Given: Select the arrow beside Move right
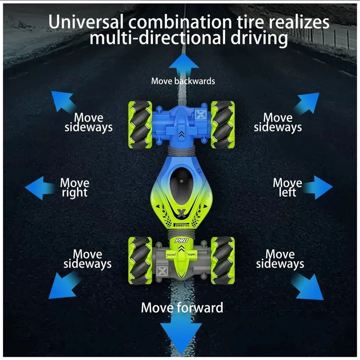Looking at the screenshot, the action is [x=40, y=188].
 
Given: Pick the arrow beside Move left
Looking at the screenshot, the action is [x=318, y=187].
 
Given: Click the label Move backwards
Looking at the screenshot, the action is [x=183, y=81].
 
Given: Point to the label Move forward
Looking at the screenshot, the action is [x=182, y=308].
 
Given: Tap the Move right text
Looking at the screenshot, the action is [x=75, y=188].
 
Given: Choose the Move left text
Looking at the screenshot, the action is [x=288, y=187].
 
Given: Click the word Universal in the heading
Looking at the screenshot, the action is [x=85, y=22].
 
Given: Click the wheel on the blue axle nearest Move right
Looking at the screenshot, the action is [x=140, y=125].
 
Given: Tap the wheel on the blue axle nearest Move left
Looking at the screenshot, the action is [x=223, y=125].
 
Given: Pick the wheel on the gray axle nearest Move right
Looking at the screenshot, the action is [x=140, y=261].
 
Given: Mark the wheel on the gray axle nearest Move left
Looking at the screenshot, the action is [x=223, y=261].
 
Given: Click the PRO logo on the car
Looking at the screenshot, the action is [x=181, y=241].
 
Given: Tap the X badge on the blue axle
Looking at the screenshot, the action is [x=200, y=115].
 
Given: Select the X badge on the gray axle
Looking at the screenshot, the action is [x=162, y=271].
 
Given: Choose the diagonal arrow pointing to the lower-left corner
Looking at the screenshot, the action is [x=63, y=285].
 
